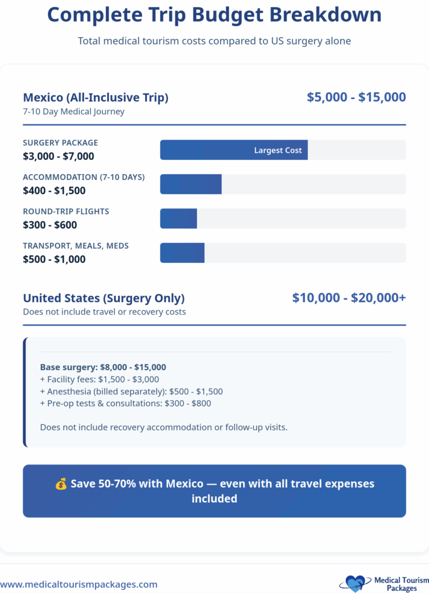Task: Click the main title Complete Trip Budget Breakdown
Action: point(214,14)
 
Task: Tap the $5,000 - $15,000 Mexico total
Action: point(356,97)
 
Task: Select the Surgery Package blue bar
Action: point(234,150)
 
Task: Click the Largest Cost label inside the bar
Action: point(278,151)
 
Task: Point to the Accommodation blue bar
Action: point(191,184)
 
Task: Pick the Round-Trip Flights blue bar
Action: point(178,219)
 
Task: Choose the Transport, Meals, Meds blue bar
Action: point(182,253)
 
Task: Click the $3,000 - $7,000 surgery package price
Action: point(58,156)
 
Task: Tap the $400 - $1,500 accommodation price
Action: point(54,191)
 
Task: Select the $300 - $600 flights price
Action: point(50,225)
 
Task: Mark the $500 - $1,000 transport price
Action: point(54,259)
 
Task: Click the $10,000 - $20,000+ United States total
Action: point(349,298)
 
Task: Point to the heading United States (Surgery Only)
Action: point(104,299)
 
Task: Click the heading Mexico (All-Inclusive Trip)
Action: point(96,98)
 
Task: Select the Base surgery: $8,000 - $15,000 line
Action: point(103,367)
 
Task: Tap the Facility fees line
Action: point(99,379)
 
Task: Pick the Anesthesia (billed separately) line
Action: point(131,391)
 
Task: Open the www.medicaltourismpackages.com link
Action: point(79,584)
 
